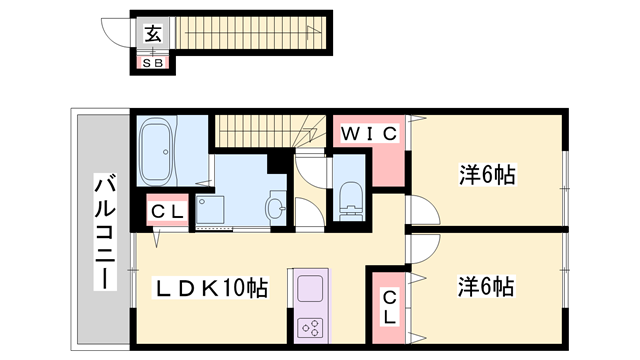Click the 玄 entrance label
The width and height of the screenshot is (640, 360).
pos(153,34)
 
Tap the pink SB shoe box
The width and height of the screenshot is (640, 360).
pos(153,63)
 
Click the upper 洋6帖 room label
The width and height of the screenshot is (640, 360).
pos(487,176)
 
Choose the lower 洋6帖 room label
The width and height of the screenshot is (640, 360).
pos(487,288)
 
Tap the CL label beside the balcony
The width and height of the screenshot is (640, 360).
pos(165,212)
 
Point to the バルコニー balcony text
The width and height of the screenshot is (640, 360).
pos(102,232)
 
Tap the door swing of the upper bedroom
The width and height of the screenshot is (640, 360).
pos(422,212)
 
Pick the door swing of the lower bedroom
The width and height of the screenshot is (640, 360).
pos(423,249)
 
